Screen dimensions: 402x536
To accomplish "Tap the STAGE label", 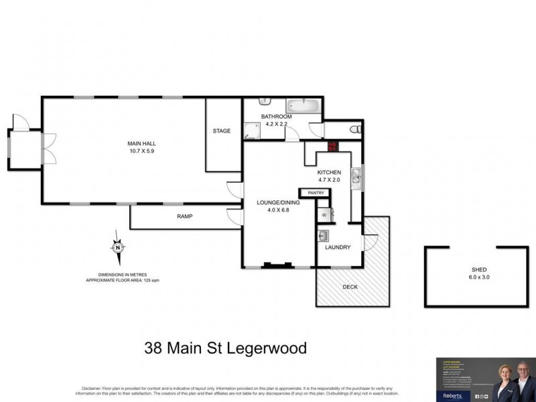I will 221,131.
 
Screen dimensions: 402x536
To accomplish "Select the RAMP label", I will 185,216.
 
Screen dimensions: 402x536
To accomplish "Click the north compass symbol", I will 119,247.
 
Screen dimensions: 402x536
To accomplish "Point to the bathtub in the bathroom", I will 304,107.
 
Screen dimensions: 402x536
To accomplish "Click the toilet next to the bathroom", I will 356,129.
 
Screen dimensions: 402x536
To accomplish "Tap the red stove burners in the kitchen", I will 331,147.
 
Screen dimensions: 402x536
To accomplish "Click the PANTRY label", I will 316,194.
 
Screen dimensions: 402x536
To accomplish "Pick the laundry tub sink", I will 323,236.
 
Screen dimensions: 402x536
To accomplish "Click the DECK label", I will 350,287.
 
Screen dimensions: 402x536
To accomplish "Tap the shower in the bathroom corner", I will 251,130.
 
